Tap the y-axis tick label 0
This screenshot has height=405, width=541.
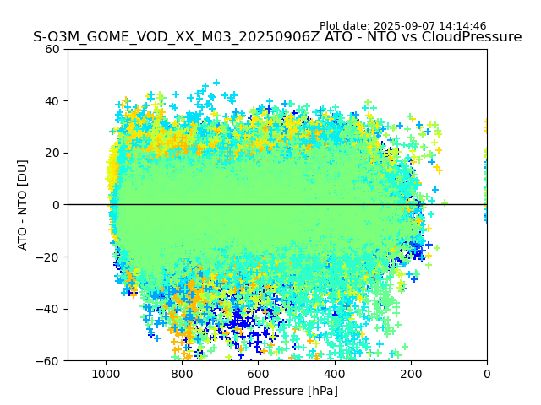click(x=57, y=205)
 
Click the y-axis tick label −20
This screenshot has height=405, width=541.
click(x=51, y=256)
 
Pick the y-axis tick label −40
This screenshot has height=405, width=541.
click(x=51, y=309)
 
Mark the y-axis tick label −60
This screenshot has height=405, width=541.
click(x=51, y=360)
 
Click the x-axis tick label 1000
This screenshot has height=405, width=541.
click(x=106, y=374)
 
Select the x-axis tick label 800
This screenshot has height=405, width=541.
click(x=182, y=374)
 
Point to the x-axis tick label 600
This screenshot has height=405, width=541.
click(x=258, y=374)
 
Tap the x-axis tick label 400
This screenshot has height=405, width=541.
click(x=334, y=374)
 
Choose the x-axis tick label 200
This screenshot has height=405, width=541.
click(x=411, y=374)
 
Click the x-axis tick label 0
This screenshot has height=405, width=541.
click(x=487, y=374)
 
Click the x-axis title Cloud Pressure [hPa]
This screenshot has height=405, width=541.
click(x=277, y=391)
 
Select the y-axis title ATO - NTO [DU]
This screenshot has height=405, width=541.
click(x=23, y=205)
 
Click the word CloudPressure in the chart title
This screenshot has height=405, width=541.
click(x=473, y=37)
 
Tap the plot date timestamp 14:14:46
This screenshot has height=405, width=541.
click(x=463, y=26)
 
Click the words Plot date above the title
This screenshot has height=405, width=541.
click(x=344, y=26)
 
